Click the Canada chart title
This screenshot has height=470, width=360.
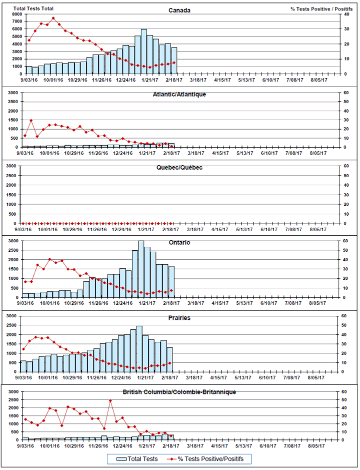click(x=179, y=11)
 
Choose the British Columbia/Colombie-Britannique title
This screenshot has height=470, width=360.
click(x=179, y=392)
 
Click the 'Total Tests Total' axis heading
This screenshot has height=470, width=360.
click(x=33, y=9)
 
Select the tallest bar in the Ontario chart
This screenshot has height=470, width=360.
click(x=141, y=269)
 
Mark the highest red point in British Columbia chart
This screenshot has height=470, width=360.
click(x=110, y=400)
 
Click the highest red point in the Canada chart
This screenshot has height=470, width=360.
click(x=53, y=19)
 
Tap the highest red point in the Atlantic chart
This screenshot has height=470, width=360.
click(x=31, y=121)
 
